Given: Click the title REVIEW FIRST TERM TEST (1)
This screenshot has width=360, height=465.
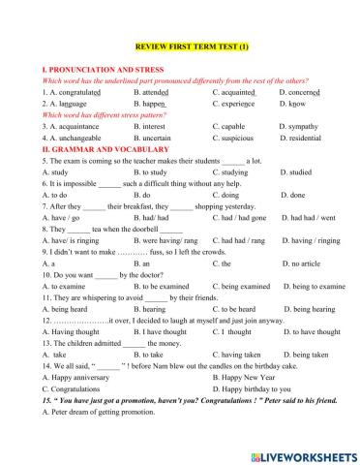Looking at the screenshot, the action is coord(179,46).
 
